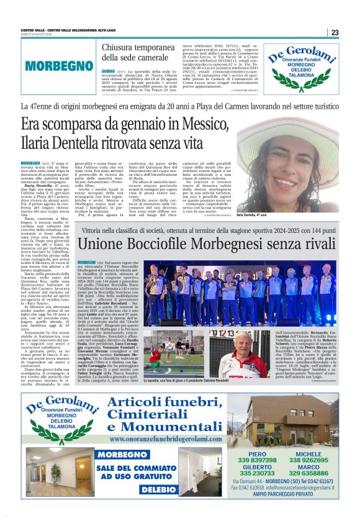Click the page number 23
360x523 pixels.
334,32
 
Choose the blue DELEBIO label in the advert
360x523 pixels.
154,489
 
